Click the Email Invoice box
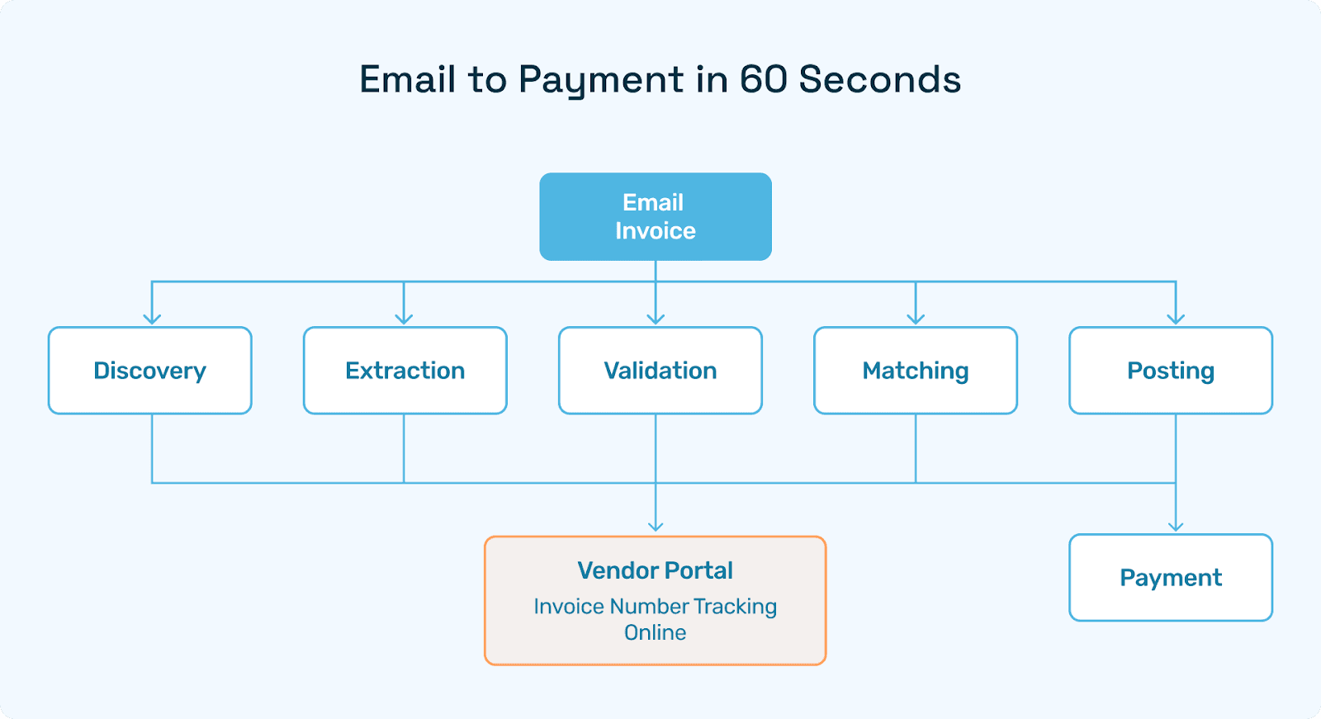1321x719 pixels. click(x=655, y=216)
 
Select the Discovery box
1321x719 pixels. click(x=149, y=371)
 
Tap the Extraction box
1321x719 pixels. click(x=405, y=371)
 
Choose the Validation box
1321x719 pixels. click(x=660, y=371)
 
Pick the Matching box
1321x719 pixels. click(x=915, y=371)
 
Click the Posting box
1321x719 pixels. click(x=1170, y=371)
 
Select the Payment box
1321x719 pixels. click(x=1170, y=578)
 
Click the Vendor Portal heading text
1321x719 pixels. click(x=655, y=570)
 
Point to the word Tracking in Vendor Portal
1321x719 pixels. click(x=735, y=607)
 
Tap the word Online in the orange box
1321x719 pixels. click(x=655, y=633)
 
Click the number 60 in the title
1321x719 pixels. click(x=763, y=79)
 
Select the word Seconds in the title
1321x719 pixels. click(x=879, y=79)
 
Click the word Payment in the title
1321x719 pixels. click(x=601, y=81)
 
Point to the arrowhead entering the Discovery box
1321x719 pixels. click(x=152, y=319)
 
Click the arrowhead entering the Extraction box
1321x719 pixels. click(x=404, y=319)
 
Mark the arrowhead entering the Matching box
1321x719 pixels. click(x=916, y=319)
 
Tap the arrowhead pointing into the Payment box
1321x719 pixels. click(x=1176, y=526)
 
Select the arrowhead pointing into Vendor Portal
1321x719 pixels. click(x=656, y=526)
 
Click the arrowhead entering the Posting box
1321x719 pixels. click(x=1176, y=319)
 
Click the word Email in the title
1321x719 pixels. click(x=408, y=79)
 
